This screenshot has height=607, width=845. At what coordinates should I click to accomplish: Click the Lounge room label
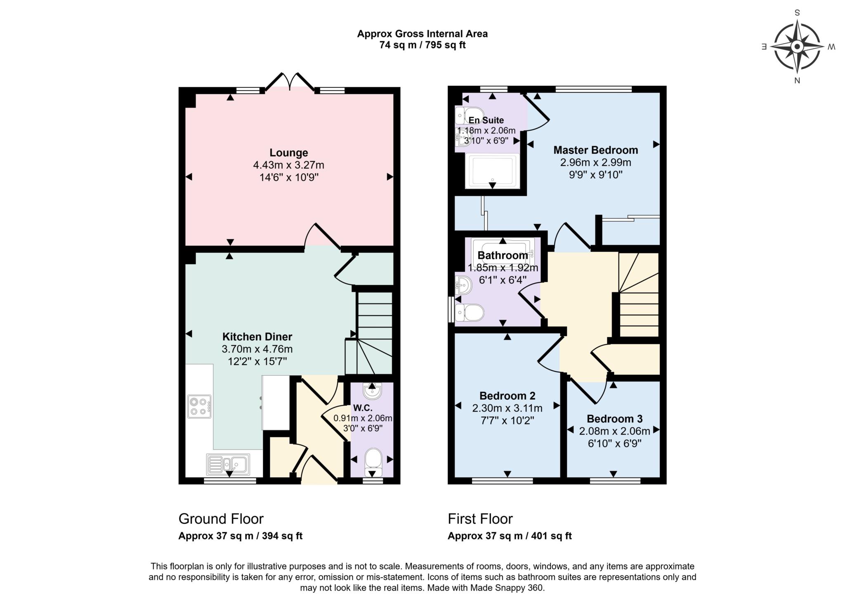tap(289, 153)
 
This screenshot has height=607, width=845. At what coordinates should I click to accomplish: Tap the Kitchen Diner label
tap(257, 336)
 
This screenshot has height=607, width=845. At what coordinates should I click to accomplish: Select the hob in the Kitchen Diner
tap(199, 407)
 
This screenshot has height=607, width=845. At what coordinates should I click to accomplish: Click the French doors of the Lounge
tap(290, 82)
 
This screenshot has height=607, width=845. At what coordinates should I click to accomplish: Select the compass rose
tap(797, 47)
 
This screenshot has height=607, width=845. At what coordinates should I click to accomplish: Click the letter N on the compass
tap(797, 81)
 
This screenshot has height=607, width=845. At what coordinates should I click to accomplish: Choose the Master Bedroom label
tap(595, 150)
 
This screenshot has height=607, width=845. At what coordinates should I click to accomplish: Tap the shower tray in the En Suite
tap(493, 171)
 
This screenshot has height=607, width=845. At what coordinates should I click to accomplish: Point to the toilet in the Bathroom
tap(470, 313)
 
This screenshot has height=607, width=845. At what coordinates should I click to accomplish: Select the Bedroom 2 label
tap(507, 396)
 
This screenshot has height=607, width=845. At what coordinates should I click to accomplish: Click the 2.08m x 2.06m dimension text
tap(614, 431)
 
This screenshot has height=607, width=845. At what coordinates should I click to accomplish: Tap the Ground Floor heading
tap(221, 518)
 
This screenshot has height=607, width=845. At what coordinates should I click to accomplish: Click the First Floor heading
tap(480, 518)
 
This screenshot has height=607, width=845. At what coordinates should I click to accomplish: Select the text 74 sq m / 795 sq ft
tap(422, 45)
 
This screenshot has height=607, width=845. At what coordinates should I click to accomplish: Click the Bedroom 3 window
tap(615, 481)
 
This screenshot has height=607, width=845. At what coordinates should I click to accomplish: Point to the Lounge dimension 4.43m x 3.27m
tap(289, 165)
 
